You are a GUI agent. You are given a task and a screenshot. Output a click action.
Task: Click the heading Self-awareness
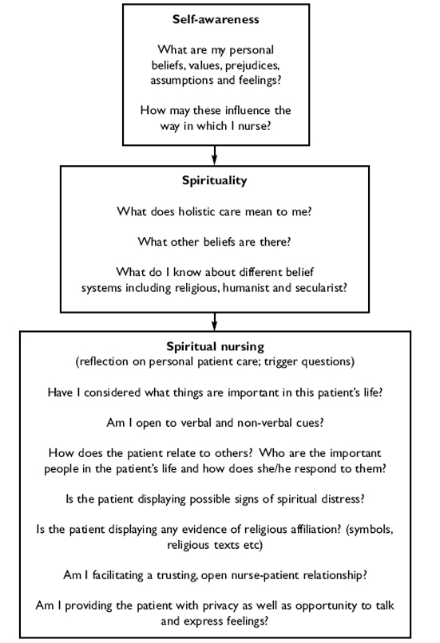216,19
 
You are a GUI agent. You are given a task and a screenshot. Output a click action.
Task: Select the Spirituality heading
215,180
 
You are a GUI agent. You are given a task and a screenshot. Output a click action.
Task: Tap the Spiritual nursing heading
215,346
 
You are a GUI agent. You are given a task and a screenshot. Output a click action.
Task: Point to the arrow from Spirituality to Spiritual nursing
214,321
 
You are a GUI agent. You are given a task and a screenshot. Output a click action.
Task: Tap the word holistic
196,211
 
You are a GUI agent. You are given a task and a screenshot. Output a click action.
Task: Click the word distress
343,499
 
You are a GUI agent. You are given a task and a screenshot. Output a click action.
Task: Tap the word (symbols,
370,530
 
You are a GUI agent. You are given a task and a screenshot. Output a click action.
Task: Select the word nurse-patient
260,575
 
